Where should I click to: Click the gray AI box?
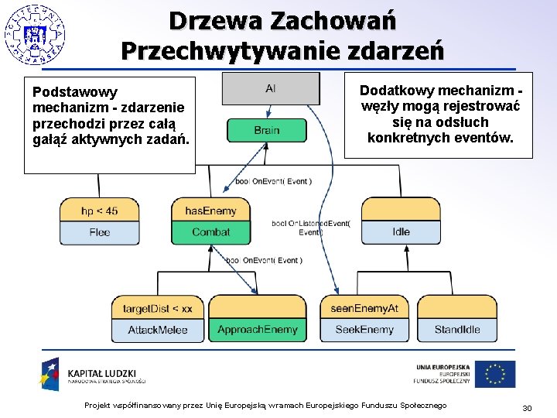[x=270, y=88]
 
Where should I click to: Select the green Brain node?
[x=267, y=130]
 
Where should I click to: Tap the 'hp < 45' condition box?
[x=99, y=211]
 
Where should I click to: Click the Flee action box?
[x=99, y=232]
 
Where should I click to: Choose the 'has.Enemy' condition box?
[x=210, y=211]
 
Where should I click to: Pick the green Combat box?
[x=210, y=232]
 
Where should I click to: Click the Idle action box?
[x=401, y=232]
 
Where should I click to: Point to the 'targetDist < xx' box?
[x=158, y=308]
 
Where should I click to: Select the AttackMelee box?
[x=158, y=330]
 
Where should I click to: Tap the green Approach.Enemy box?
[x=257, y=330]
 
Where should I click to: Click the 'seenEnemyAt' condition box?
[x=364, y=308]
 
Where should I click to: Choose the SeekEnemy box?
[x=364, y=330]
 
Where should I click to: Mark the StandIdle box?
[x=457, y=330]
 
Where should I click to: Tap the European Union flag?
[x=494, y=374]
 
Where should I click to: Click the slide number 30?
[x=528, y=408]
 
